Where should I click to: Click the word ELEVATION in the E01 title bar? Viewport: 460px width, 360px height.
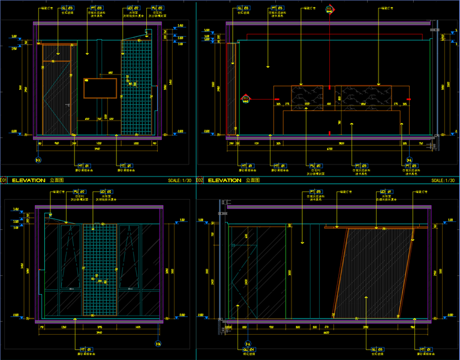coord(28,180)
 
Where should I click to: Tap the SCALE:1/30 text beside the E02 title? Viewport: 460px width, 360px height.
coord(444,180)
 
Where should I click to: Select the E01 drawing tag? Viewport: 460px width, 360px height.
coord(3,180)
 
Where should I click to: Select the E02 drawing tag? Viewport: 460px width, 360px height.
coord(200,180)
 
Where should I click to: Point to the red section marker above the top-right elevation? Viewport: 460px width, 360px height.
coord(329,9)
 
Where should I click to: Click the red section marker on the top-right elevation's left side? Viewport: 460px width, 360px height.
coord(245,97)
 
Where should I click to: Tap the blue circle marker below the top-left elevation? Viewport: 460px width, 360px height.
coord(38,160)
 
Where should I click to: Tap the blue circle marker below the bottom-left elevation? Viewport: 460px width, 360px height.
coord(158,343)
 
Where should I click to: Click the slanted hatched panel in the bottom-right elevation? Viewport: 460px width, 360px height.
coord(374,273)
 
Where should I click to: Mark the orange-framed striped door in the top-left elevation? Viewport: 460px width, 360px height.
coord(57,89)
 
